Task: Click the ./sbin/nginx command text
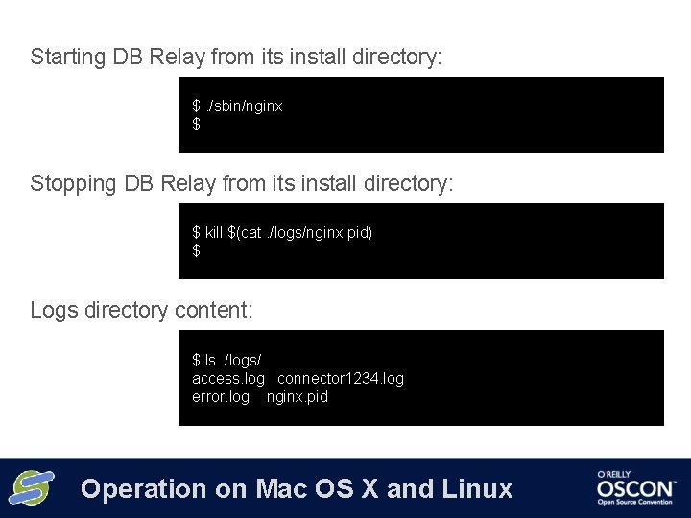(245, 106)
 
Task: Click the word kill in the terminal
(214, 232)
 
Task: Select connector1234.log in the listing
(341, 378)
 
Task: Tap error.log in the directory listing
(221, 396)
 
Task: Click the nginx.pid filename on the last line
(298, 396)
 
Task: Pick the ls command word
(210, 360)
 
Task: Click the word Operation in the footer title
(144, 489)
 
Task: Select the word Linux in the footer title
(478, 489)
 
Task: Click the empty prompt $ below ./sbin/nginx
(197, 124)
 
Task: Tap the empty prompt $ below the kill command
(197, 250)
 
